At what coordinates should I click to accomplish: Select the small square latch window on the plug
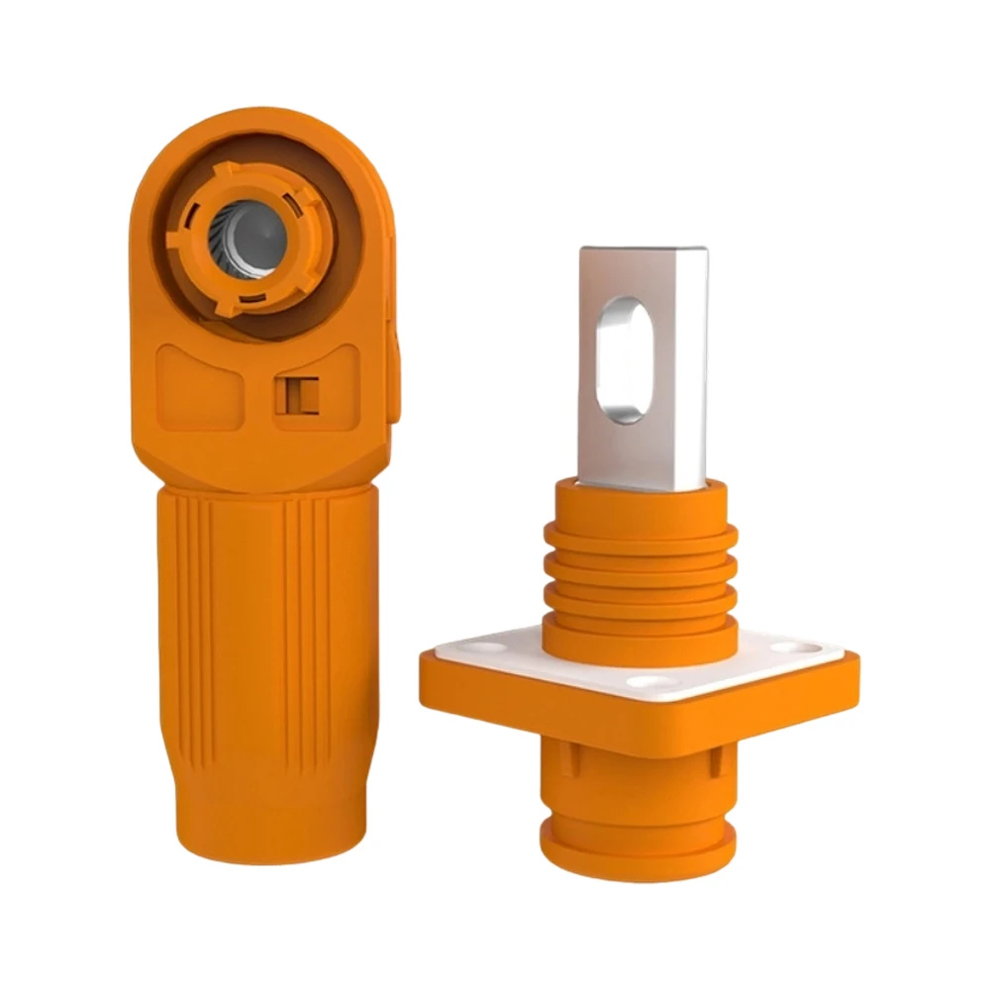[x=296, y=394]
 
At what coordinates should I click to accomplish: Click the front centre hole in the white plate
[x=648, y=683]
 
